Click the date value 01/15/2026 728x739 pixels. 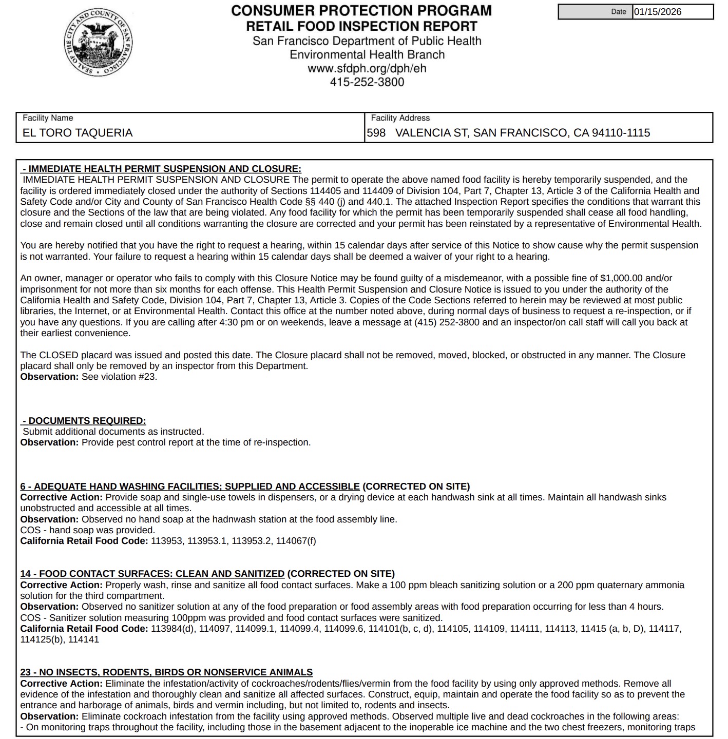657,12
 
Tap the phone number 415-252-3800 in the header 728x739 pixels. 367,82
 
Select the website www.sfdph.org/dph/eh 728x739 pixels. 367,68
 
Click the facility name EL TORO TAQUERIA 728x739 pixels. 78,133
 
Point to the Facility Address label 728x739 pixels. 400,118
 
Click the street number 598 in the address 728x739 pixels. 376,133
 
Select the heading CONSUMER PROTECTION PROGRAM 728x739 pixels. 361,11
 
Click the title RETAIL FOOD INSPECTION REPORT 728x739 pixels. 361,26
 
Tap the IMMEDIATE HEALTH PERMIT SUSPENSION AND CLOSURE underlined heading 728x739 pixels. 162,169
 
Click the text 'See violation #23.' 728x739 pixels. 119,377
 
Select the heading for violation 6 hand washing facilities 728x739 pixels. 190,487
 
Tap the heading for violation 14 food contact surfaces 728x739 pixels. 152,574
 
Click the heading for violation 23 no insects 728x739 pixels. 166,672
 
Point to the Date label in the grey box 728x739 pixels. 619,12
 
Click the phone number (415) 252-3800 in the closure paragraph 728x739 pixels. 446,322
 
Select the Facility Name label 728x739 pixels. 48,118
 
